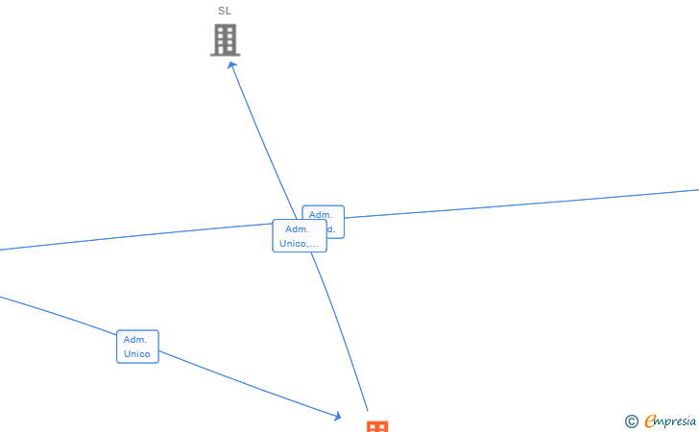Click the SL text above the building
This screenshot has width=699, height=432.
pyautogui.click(x=225, y=11)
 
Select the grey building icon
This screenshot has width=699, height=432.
pyautogui.click(x=225, y=40)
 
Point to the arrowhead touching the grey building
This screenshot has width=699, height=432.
pyautogui.click(x=232, y=65)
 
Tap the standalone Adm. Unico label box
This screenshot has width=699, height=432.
pyautogui.click(x=137, y=347)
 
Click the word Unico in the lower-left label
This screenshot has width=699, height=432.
pyautogui.click(x=137, y=354)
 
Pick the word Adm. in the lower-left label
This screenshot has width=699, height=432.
pyautogui.click(x=135, y=340)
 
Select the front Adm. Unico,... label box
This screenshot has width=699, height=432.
pyautogui.click(x=299, y=236)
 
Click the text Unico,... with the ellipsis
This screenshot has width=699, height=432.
pyautogui.click(x=299, y=244)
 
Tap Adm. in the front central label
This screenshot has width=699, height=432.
pyautogui.click(x=298, y=229)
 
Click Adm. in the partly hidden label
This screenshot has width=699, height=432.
pyautogui.click(x=321, y=214)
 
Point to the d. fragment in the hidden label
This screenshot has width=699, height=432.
pyautogui.click(x=332, y=229)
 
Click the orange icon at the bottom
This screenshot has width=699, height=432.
pyautogui.click(x=377, y=426)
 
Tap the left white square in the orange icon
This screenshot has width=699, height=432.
pyautogui.click(x=373, y=427)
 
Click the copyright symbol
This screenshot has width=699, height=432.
pyautogui.click(x=631, y=420)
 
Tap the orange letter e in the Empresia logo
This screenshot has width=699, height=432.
pyautogui.click(x=650, y=420)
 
